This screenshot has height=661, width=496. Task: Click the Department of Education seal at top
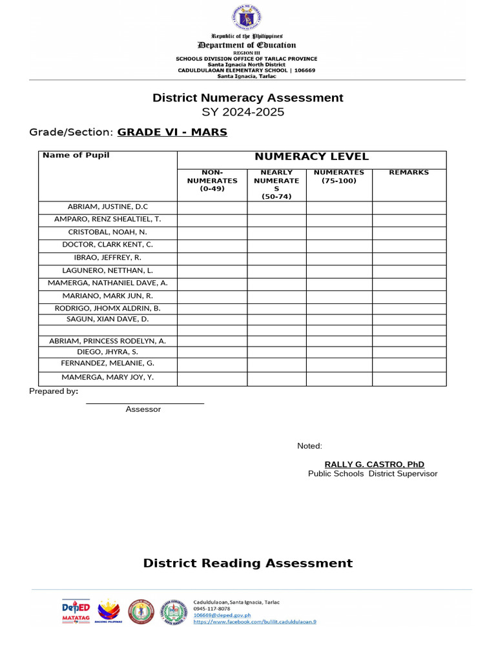[248, 18]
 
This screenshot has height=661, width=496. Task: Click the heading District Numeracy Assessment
[248, 98]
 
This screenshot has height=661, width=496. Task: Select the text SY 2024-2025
[248, 112]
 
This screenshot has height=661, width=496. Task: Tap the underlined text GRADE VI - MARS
[172, 132]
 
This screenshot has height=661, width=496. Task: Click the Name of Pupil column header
[76, 156]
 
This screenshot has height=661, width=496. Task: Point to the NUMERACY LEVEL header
[311, 157]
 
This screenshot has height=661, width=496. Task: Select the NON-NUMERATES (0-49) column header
[212, 181]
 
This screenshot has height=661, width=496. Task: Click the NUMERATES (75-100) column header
[339, 177]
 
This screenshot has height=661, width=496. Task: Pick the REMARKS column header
[409, 173]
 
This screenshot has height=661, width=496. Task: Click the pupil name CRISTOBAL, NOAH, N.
[108, 232]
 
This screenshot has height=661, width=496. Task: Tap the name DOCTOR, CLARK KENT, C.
[108, 245]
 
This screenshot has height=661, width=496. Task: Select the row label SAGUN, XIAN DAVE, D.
[108, 320]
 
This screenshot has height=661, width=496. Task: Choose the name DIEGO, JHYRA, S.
[108, 352]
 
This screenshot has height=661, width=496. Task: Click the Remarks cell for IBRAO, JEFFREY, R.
[409, 258]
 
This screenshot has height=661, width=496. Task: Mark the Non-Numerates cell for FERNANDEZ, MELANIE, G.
[212, 365]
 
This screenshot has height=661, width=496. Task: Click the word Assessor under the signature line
[143, 409]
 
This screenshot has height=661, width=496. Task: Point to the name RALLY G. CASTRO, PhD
[374, 465]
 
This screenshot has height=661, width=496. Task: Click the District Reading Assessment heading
[248, 564]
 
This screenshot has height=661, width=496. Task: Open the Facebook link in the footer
[255, 622]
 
